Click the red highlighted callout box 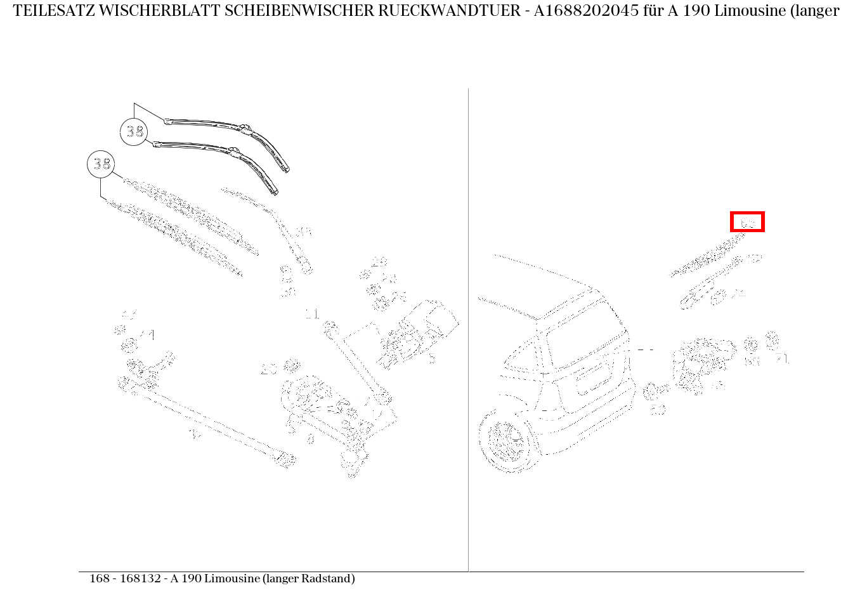[747, 222]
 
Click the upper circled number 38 [134, 132]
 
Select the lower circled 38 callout [101, 165]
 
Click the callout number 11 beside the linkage [312, 314]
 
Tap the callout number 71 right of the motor [782, 360]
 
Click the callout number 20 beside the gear [270, 370]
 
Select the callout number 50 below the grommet [658, 410]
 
